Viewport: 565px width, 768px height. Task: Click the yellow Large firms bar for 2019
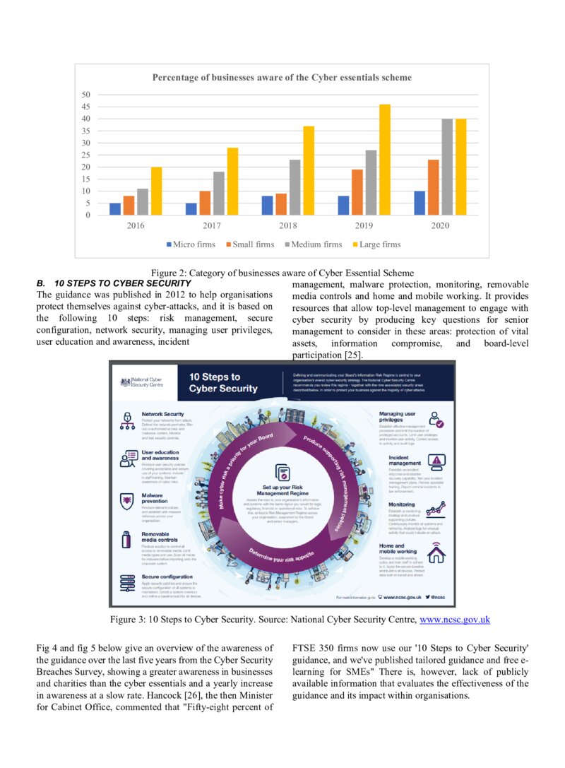[x=385, y=160]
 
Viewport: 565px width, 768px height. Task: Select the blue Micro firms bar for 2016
[x=114, y=209]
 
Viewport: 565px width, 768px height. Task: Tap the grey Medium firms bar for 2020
[x=447, y=167]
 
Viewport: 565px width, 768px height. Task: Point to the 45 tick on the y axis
[x=85, y=107]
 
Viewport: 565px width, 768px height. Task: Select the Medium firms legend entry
[x=316, y=244]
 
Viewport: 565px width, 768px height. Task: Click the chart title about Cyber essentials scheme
[x=282, y=77]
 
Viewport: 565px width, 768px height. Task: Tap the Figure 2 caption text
[x=282, y=273]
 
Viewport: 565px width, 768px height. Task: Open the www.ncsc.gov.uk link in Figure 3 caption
[x=455, y=620]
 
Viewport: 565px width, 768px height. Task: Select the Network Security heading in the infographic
[x=162, y=414]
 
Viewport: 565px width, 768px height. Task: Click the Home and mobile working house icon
[x=437, y=554]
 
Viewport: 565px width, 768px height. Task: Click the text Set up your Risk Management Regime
[x=282, y=491]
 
